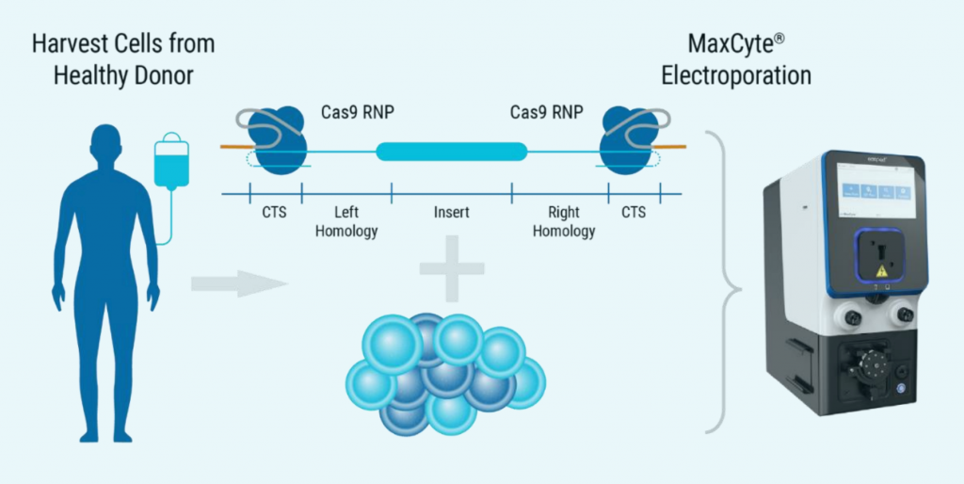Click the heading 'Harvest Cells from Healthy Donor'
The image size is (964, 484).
click(x=122, y=58)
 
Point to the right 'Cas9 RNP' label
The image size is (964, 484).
click(x=546, y=113)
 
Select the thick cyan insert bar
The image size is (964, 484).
click(x=452, y=151)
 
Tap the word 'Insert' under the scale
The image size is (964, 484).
click(x=452, y=213)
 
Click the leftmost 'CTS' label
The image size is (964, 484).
click(x=274, y=213)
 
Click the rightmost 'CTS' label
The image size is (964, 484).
click(x=634, y=213)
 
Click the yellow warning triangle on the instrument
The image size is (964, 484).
click(x=881, y=269)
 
